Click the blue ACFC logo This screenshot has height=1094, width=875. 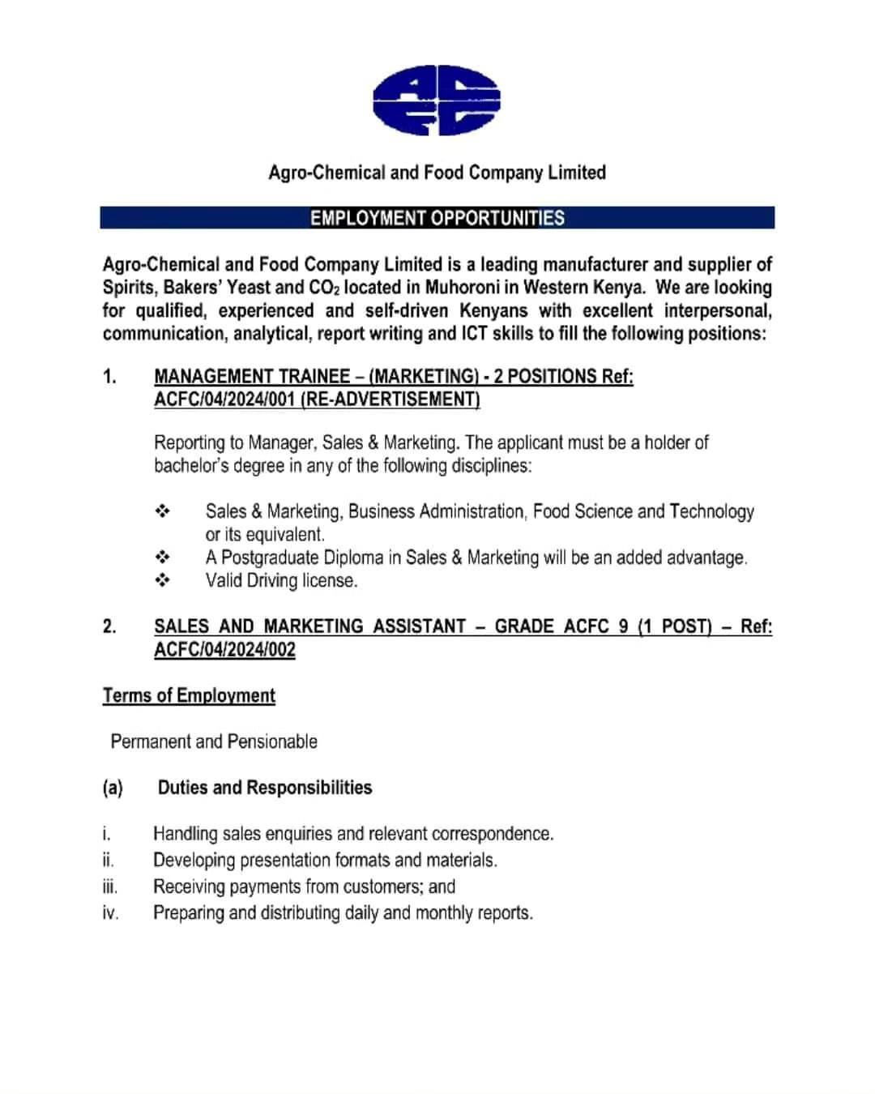437,101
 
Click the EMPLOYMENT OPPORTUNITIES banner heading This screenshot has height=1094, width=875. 437,218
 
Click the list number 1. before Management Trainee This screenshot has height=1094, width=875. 109,376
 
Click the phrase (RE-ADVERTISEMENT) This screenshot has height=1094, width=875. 390,399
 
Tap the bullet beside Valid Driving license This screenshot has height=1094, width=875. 162,580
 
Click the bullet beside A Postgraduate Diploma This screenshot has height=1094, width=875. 162,558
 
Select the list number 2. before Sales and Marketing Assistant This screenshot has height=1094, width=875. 109,626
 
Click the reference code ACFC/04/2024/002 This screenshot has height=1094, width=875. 224,649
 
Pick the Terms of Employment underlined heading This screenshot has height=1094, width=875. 189,695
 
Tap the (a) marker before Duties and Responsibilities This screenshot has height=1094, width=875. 113,788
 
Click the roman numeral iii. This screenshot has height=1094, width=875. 110,887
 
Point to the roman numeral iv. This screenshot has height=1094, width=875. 110,913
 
